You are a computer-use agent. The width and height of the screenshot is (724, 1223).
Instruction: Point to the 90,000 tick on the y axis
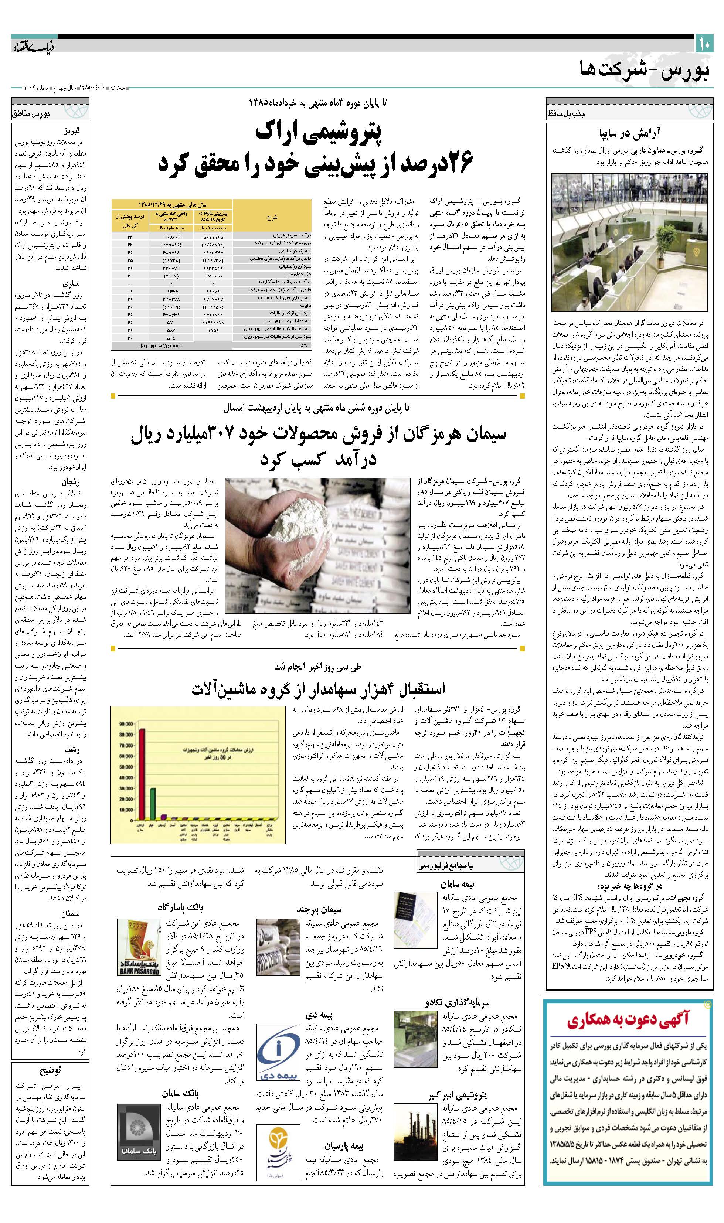[x=126, y=724]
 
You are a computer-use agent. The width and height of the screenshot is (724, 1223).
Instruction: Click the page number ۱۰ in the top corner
[x=704, y=45]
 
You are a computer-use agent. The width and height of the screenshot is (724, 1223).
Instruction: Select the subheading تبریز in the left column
[x=70, y=131]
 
